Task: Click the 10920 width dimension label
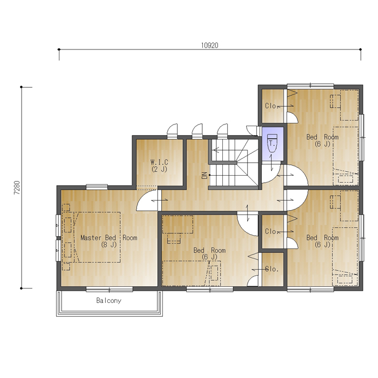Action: (210, 46)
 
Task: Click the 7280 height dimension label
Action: (17, 187)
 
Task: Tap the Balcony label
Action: (109, 301)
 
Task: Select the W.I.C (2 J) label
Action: (160, 166)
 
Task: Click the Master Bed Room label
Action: (109, 241)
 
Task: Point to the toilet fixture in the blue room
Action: (272, 143)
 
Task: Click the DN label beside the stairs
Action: (205, 175)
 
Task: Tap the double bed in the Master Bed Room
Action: (97, 237)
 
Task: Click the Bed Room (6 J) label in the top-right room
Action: (322, 140)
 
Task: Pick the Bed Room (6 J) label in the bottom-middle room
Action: (210, 253)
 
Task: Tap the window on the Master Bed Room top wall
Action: (97, 187)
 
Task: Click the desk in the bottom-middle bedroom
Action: (178, 225)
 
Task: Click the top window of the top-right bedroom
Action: (311, 86)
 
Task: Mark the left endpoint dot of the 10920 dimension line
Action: (59, 49)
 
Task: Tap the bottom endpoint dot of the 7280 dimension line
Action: (21, 288)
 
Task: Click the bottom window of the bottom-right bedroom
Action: (311, 289)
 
